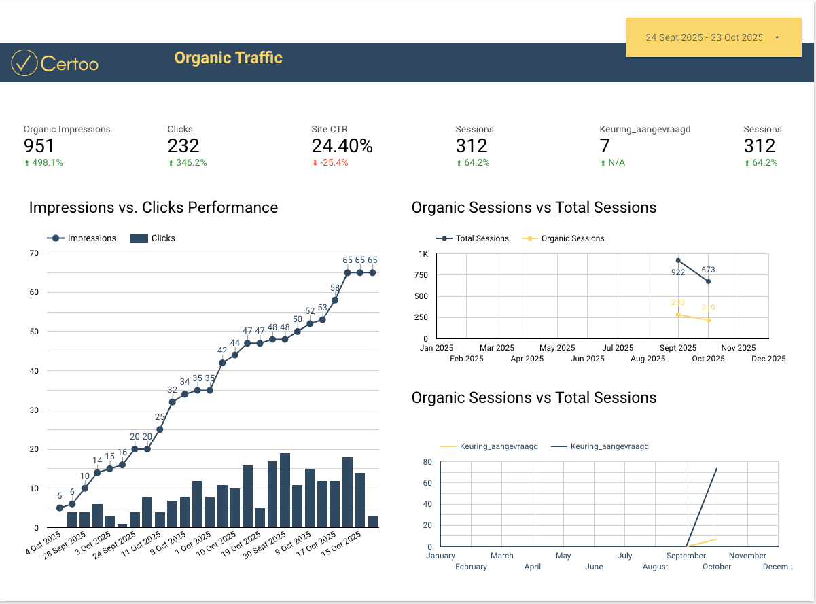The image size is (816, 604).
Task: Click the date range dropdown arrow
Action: click(777, 38)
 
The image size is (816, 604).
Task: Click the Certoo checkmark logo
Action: click(24, 63)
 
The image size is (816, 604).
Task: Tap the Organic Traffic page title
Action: click(228, 58)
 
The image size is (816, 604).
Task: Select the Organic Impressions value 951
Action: click(39, 145)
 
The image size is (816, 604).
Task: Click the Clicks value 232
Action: click(183, 145)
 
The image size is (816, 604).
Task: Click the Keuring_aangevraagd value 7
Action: click(605, 145)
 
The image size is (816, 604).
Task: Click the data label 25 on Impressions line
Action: click(160, 417)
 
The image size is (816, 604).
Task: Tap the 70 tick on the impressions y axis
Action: click(33, 253)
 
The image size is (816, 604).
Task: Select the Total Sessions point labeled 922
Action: click(678, 260)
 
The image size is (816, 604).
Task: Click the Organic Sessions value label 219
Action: click(709, 308)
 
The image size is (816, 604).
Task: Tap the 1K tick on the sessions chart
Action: click(423, 254)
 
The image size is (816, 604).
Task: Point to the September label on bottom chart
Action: click(686, 556)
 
